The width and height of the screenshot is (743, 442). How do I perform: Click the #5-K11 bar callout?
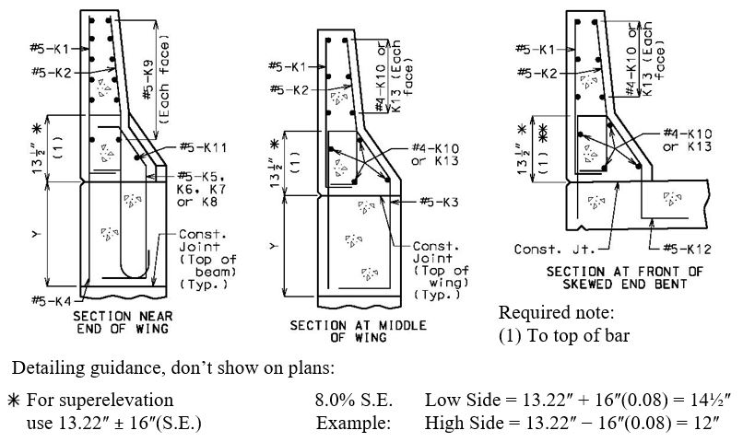click(x=203, y=147)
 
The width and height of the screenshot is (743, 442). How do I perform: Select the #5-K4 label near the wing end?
click(x=52, y=300)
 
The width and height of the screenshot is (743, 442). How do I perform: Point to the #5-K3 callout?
click(x=440, y=202)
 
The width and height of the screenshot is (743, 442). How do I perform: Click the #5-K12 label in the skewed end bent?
click(x=687, y=249)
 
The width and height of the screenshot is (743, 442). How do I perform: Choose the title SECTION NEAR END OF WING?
click(x=123, y=322)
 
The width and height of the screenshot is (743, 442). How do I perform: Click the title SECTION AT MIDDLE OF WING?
click(x=359, y=331)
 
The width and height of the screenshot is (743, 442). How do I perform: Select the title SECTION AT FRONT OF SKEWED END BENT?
click(x=624, y=278)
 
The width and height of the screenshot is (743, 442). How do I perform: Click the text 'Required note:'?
click(x=556, y=312)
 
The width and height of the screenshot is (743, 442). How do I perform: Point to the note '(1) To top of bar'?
click(x=564, y=335)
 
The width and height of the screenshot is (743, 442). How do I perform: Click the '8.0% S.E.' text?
click(x=354, y=400)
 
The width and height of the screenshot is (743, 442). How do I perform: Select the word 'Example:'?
click(x=353, y=423)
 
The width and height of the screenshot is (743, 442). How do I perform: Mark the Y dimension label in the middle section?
click(x=275, y=246)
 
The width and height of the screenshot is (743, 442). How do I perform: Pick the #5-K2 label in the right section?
click(x=537, y=73)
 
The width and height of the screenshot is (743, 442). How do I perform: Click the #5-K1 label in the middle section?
click(x=288, y=66)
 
